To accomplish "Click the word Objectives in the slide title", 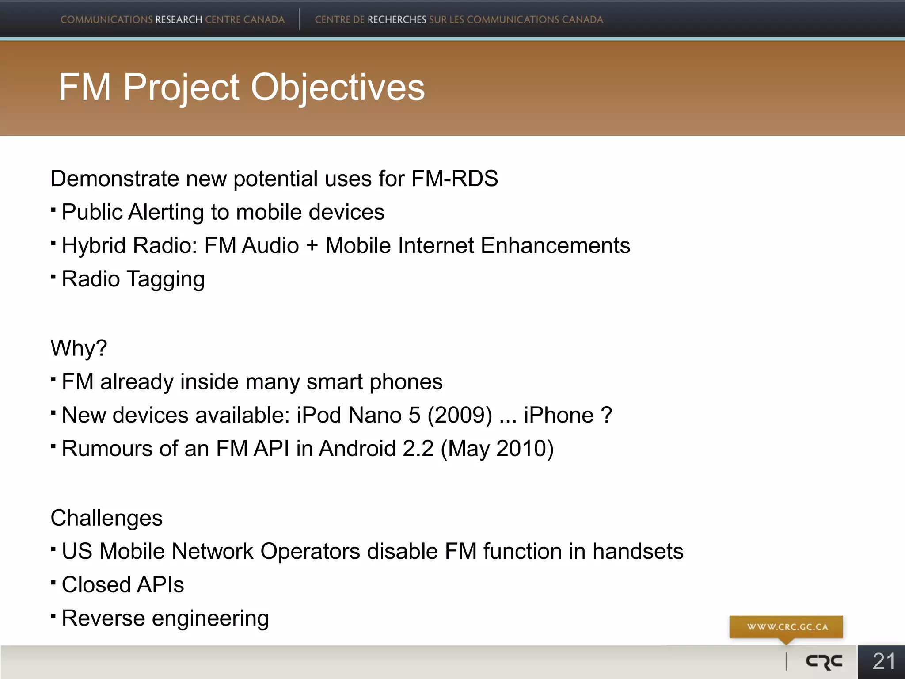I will coord(338,88).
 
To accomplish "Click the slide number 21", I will coord(883,662).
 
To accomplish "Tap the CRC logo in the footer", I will coord(824,662).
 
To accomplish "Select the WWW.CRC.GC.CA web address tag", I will coord(787,627).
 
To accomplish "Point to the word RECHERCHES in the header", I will coord(396,20).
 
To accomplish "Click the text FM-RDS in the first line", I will coord(454,179).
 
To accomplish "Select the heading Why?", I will coord(79,348).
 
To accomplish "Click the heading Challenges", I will coord(106,518).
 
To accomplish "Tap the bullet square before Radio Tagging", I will coord(53,277).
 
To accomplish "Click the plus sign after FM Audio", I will coord(312,246).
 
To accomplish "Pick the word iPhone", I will coord(559,415).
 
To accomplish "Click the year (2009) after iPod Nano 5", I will coord(460,415).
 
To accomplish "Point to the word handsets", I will coord(638,551).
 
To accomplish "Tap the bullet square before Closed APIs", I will coord(53,583).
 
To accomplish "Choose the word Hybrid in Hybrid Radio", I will coord(94,246).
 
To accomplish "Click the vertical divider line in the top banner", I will coord(300,19).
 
